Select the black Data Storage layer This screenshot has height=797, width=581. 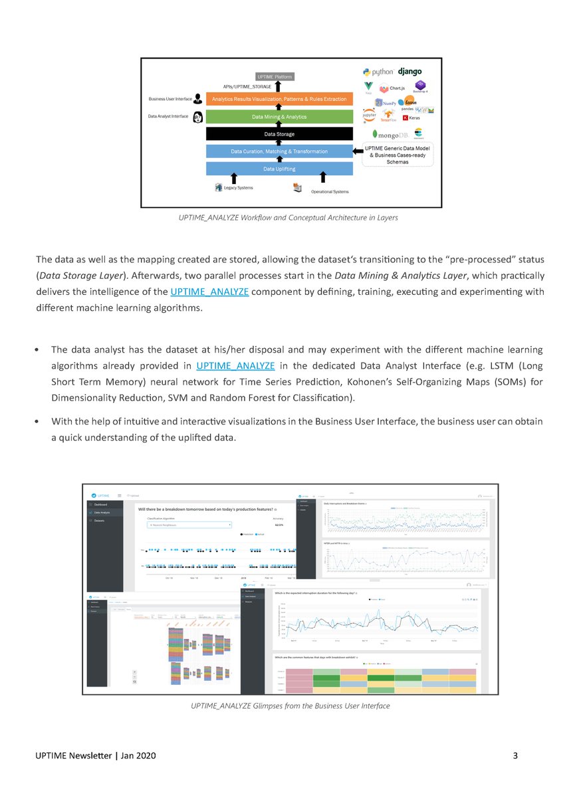coord(279,134)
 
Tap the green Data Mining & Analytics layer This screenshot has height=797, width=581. coord(279,117)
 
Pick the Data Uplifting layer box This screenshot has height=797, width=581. coord(279,169)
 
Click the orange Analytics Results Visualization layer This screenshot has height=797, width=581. coord(279,100)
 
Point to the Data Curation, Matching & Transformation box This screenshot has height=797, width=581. coord(279,151)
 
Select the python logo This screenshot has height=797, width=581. coord(379,72)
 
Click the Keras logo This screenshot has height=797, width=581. coord(420,118)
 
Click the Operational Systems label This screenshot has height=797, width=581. coord(330,192)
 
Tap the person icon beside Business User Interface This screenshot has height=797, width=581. coord(197,98)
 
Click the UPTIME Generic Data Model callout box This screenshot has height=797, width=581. coord(398,155)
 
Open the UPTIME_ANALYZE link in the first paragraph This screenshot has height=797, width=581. coord(209,292)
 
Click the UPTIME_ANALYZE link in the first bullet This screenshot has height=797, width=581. coord(236,365)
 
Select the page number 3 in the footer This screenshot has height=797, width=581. coord(516,756)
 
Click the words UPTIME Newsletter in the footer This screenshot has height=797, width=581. coord(77,756)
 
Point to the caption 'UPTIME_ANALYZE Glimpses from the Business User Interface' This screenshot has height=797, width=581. coord(290,705)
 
